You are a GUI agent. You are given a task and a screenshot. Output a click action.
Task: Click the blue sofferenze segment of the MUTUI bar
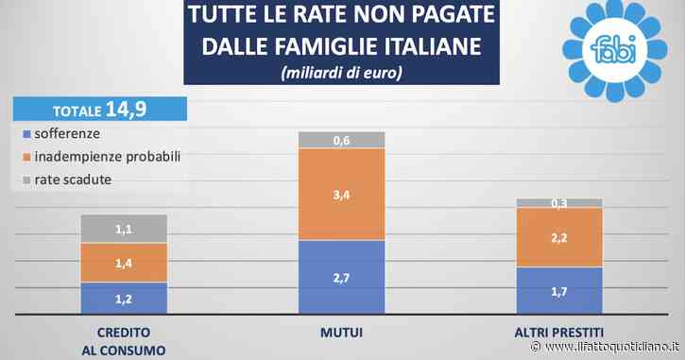[342, 277]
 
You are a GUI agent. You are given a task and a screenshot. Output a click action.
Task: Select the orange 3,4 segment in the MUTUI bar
[342, 195]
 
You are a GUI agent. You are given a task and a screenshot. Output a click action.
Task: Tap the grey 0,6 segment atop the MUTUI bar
[342, 141]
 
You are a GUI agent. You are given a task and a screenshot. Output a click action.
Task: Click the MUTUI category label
[342, 333]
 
